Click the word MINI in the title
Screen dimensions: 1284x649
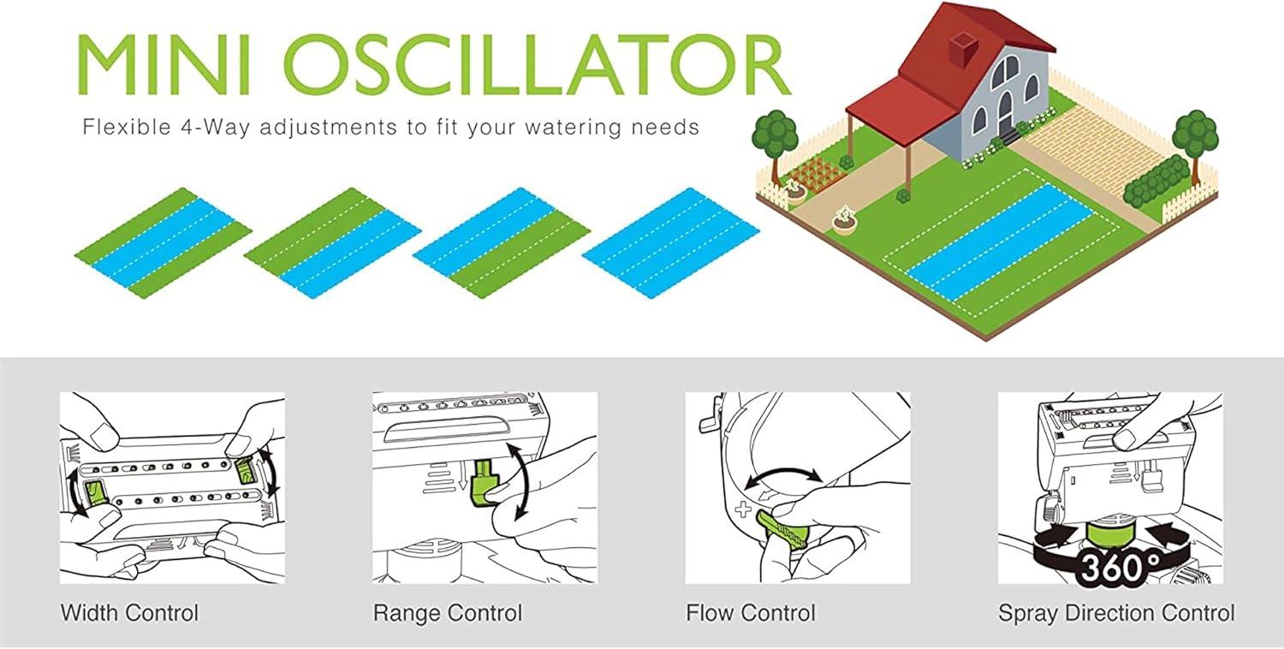(x=164, y=64)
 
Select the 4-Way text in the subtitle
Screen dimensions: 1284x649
(x=215, y=127)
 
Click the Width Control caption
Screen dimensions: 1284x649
(x=129, y=613)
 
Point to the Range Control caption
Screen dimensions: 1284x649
(x=448, y=613)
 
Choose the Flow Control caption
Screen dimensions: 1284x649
(x=751, y=613)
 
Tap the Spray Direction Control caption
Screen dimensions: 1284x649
(x=1116, y=613)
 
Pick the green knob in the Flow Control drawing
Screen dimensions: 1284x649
(x=782, y=529)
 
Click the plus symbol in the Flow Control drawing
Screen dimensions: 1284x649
(x=743, y=509)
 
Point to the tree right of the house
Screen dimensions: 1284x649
(x=1195, y=143)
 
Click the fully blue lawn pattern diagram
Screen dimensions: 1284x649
(x=670, y=242)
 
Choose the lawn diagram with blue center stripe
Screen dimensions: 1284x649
(x=163, y=242)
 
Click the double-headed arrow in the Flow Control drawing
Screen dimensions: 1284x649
(x=783, y=478)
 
